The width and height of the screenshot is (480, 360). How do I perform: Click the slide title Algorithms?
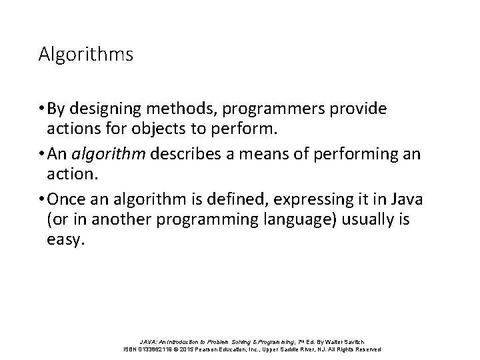86,54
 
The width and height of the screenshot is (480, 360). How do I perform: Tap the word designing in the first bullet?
104,108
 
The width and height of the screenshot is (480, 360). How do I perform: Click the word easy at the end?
66,239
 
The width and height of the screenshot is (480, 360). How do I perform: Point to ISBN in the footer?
132,349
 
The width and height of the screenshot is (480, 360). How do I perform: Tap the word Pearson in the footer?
221,349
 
